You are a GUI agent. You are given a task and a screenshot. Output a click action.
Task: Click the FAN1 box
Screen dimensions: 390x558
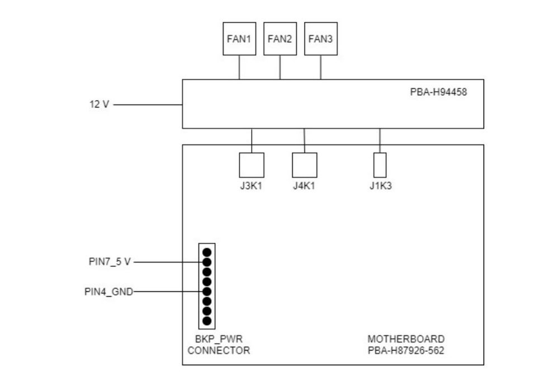coord(239,39)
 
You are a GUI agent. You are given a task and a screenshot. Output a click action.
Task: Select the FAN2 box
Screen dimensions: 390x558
coord(280,39)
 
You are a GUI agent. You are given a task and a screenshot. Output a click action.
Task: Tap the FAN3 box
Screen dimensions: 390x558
coord(320,39)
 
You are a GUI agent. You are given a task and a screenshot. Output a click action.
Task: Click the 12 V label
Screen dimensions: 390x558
coord(99,105)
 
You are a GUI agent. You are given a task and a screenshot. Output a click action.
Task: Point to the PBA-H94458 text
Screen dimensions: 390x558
coord(438,91)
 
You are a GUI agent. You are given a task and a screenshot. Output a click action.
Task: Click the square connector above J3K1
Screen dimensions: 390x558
coord(251,165)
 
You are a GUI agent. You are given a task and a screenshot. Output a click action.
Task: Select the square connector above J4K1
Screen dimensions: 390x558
coord(304,165)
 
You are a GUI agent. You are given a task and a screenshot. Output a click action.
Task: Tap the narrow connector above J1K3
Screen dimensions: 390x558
coord(380,165)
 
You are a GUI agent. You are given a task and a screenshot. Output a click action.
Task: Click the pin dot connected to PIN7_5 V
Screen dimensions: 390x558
coord(207,262)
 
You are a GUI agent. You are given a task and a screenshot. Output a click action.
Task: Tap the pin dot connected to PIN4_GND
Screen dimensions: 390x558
coord(207,291)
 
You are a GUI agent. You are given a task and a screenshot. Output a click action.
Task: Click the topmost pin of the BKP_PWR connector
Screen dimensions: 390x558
coord(207,252)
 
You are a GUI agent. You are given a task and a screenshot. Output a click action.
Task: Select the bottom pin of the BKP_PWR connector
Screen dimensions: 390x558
coord(207,321)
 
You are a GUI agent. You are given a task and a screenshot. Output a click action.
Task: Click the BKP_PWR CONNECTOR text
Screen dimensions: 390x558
coord(219,345)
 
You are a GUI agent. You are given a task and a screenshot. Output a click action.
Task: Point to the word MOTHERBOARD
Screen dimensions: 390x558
coord(406,339)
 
